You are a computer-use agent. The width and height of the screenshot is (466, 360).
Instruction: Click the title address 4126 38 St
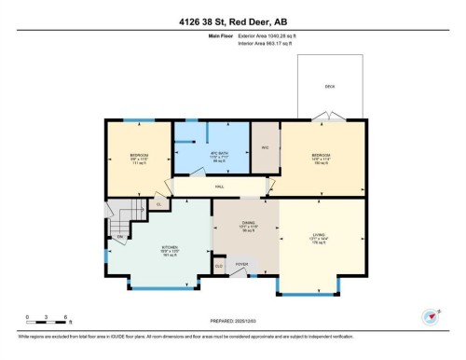pyautogui.click(x=233, y=19)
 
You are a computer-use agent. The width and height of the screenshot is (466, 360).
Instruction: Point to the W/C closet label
pyautogui.click(x=265, y=147)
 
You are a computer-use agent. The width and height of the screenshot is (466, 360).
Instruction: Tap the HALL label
pyautogui.click(x=220, y=187)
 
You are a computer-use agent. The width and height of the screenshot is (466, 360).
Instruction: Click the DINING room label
pyautogui.click(x=247, y=224)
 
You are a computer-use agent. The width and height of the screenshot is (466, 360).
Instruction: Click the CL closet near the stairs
pyautogui.click(x=158, y=204)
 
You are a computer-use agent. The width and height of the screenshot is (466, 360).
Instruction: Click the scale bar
pyautogui.click(x=41, y=323)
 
